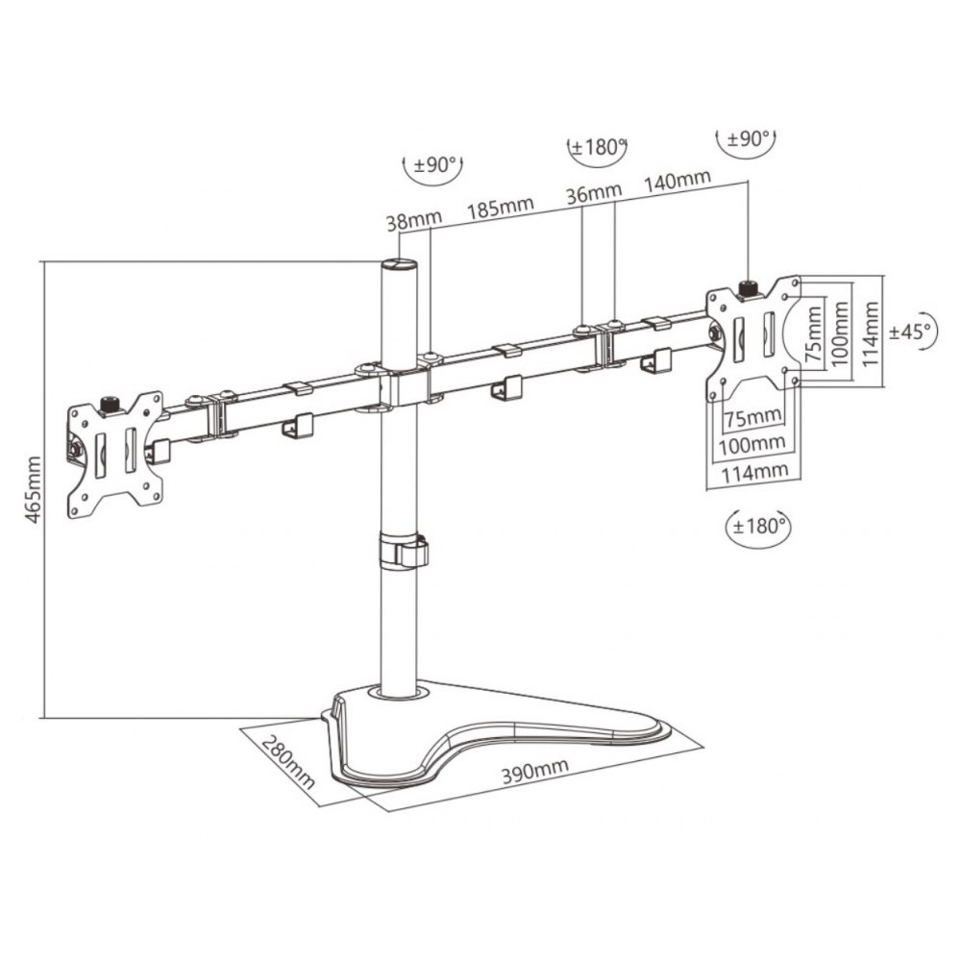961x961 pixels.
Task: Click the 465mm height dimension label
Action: click(34, 489)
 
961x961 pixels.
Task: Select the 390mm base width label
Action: click(535, 771)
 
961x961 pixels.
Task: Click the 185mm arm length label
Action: click(500, 208)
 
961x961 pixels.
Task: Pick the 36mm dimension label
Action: click(593, 193)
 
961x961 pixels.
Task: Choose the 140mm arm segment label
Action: click(677, 180)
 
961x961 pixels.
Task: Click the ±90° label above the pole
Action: click(435, 165)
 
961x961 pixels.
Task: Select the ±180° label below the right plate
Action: click(759, 527)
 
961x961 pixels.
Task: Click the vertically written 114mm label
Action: click(871, 334)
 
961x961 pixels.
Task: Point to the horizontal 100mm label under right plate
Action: click(752, 444)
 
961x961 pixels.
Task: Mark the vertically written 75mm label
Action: click(814, 334)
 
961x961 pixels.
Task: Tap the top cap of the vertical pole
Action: click(399, 265)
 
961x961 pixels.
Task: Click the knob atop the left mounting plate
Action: click(111, 404)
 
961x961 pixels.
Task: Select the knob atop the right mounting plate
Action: click(749, 286)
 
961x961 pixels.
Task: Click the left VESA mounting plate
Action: click(114, 455)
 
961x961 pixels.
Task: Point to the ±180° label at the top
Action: click(598, 148)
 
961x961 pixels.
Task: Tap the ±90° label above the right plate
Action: click(747, 139)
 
